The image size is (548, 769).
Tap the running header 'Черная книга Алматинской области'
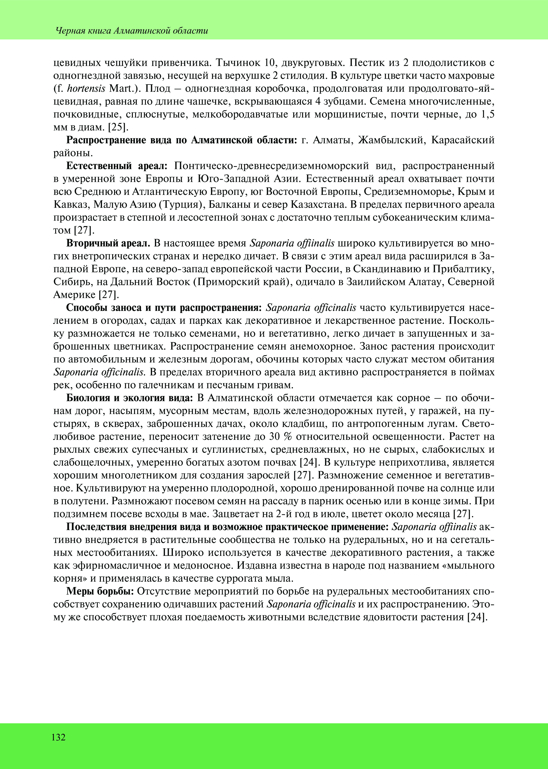tap(132, 31)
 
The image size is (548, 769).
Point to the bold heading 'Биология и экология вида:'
tap(130, 398)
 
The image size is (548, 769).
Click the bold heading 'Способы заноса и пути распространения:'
tap(164, 308)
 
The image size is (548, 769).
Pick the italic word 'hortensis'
tap(87, 88)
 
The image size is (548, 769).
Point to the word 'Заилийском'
tap(370, 282)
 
